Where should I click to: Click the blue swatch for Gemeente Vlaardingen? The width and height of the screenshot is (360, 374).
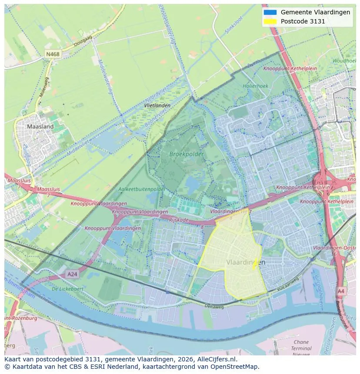coord(270,13)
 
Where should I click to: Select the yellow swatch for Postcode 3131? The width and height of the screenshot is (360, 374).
coord(270,21)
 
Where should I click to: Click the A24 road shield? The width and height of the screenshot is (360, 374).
coord(72,274)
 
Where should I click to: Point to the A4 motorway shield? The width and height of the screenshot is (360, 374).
coord(341,291)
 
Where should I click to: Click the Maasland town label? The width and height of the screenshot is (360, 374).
coord(40,127)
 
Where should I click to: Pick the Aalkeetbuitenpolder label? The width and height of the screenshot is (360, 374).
coord(142,189)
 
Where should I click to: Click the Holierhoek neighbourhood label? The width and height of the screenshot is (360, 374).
coord(256,86)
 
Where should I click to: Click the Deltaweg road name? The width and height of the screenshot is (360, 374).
coord(214,306)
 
